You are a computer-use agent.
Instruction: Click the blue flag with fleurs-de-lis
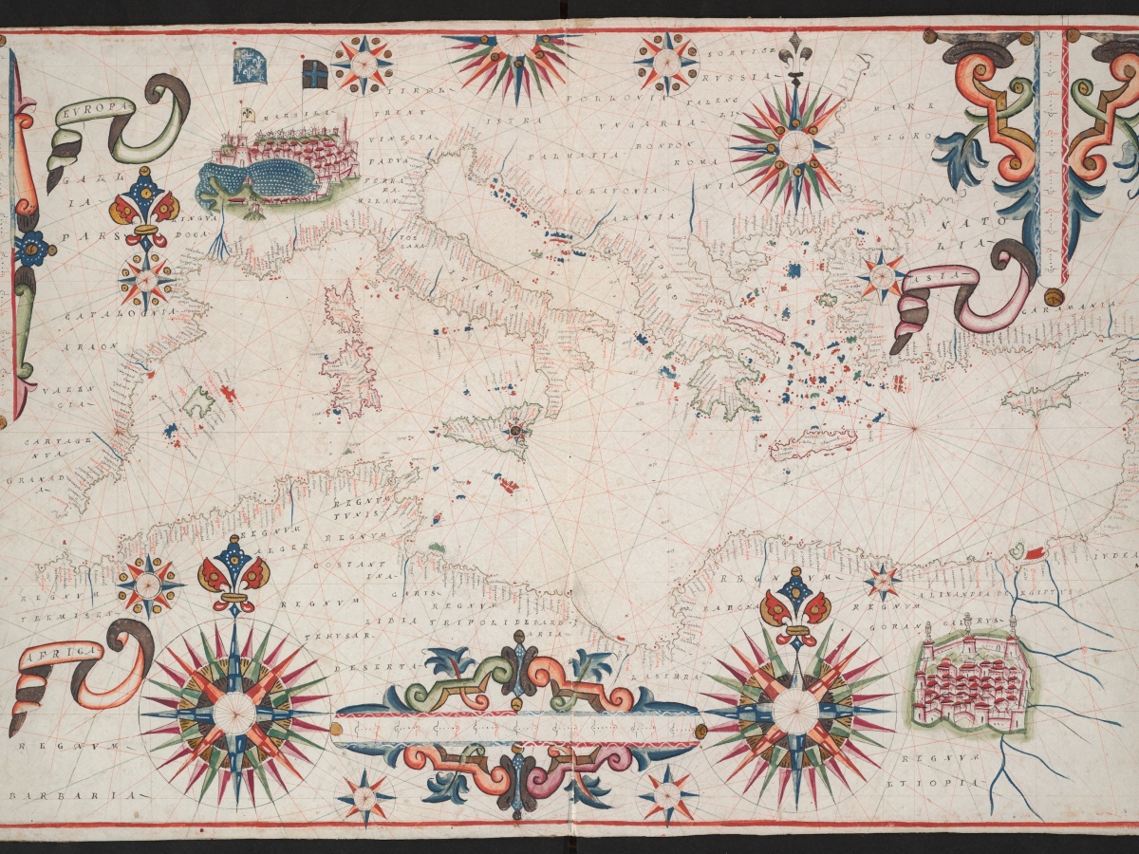(250, 65)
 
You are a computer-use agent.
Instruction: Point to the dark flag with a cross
(315, 73)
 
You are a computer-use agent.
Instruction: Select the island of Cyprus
(1042, 392)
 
